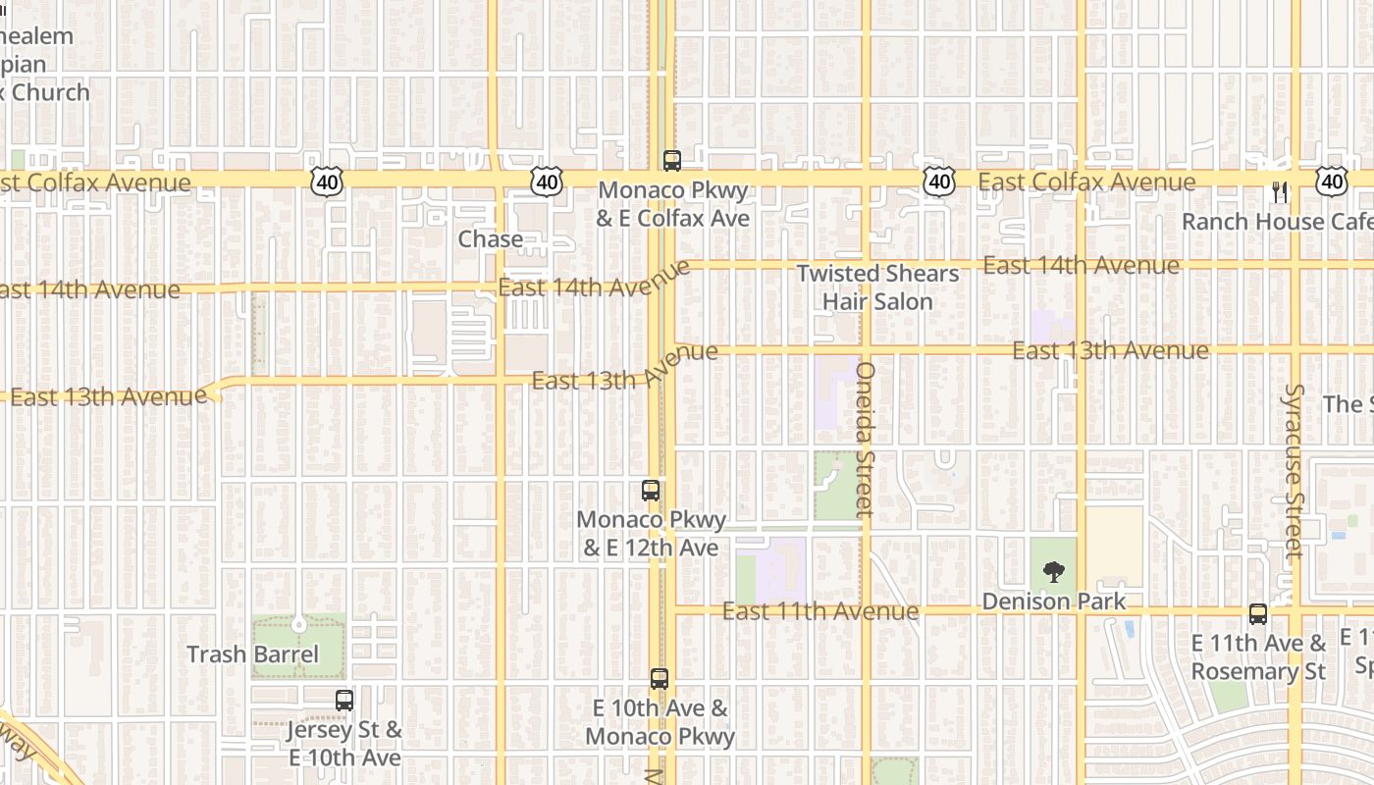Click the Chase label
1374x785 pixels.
(x=490, y=239)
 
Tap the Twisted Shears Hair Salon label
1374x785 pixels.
(x=877, y=288)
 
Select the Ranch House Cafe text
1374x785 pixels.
(x=1276, y=222)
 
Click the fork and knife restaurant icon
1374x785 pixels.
(x=1279, y=191)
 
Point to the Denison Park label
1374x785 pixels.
(x=1054, y=601)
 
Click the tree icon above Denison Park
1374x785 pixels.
(x=1054, y=571)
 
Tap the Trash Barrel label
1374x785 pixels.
(x=253, y=654)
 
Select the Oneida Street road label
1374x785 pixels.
(x=865, y=440)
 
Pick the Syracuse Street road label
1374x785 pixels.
(x=1295, y=471)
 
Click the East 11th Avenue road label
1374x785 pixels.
(x=820, y=611)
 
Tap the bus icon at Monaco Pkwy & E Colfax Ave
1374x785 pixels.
(x=672, y=161)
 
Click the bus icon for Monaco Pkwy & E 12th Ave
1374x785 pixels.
(x=650, y=491)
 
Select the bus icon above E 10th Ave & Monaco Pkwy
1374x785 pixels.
(x=660, y=678)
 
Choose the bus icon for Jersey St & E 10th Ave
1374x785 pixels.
(x=343, y=701)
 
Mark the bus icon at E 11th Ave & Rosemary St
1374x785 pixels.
(x=1258, y=614)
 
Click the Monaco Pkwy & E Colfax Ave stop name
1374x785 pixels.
(x=672, y=204)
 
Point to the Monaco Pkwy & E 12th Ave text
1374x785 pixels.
(x=652, y=534)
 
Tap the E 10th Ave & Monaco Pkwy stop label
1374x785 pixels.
(x=661, y=722)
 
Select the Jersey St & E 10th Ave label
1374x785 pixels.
(x=344, y=744)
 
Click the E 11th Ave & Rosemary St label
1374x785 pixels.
(x=1258, y=657)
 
